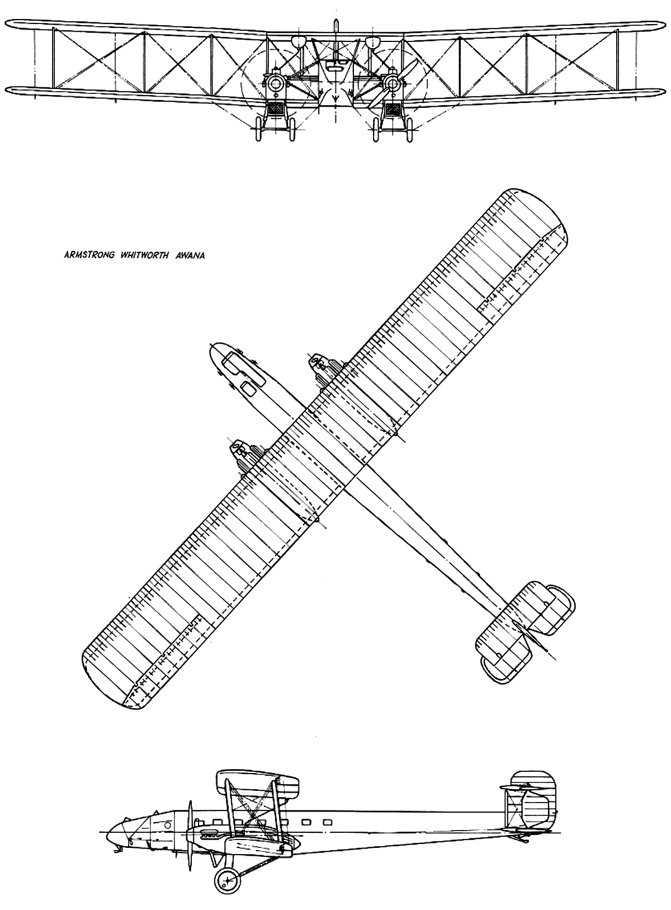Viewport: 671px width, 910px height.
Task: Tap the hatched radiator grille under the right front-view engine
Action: click(x=393, y=109)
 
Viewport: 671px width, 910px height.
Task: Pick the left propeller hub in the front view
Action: click(x=276, y=83)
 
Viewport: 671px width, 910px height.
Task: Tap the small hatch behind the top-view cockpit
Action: click(x=249, y=389)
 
